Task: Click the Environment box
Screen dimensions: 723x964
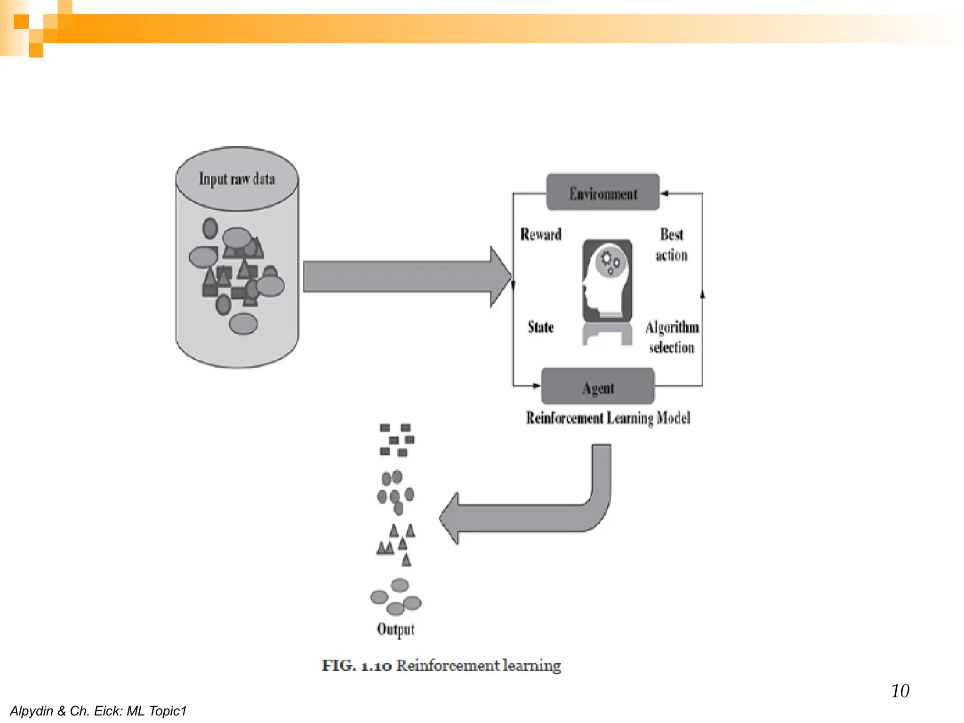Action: tap(602, 193)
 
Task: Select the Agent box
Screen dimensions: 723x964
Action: tap(598, 387)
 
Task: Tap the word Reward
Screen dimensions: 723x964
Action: tap(540, 234)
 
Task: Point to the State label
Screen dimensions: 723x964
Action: tap(540, 327)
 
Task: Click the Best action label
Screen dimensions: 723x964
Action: tap(671, 245)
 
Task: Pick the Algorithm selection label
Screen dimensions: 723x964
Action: tap(672, 337)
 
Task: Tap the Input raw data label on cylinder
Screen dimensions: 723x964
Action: tap(237, 179)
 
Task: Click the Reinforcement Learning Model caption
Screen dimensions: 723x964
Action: tap(608, 418)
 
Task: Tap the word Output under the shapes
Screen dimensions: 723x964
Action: tap(395, 629)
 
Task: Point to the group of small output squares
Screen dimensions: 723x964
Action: tap(396, 440)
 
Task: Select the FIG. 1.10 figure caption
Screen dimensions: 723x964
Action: tap(441, 666)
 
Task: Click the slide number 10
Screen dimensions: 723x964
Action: tap(900, 691)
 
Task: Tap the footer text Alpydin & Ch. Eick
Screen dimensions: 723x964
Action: tap(98, 711)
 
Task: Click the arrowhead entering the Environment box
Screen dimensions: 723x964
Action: tap(664, 193)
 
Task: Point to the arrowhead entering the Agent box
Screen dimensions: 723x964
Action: tap(536, 386)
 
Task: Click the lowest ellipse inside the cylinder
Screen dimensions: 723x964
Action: tap(243, 324)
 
